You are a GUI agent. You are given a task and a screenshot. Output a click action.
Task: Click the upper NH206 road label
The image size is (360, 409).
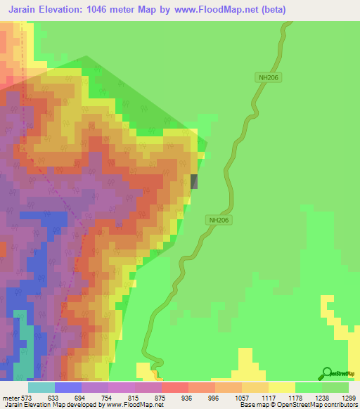tap(268, 79)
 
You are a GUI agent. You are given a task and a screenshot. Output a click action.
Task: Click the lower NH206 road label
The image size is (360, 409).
tap(220, 219)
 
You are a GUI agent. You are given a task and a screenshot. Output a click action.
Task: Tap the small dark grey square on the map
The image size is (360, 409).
tap(195, 181)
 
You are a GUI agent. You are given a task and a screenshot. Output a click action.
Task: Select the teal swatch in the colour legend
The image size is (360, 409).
tap(41, 387)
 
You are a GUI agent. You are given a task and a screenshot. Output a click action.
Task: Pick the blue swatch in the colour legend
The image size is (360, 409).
tap(67, 387)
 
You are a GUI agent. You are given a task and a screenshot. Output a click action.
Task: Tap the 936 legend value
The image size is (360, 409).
tap(186, 397)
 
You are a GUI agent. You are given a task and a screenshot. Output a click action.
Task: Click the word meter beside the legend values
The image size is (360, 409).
tap(12, 397)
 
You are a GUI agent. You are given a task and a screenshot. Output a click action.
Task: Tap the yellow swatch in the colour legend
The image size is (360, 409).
tap(282, 387)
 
